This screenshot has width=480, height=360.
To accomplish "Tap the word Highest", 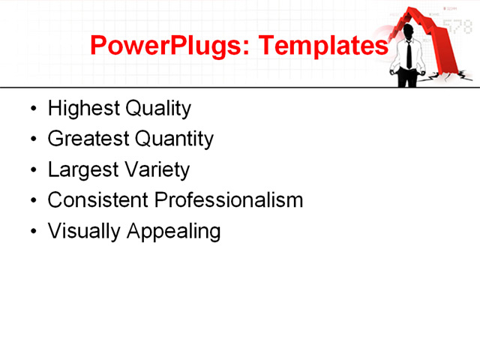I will (83, 109).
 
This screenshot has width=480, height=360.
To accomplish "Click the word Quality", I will (158, 109).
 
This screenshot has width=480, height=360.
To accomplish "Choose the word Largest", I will (81, 170).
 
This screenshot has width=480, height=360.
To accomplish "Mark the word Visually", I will (85, 231).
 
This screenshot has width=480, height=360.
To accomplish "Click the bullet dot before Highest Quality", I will (32, 109).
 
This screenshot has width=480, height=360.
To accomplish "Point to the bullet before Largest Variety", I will (32, 171).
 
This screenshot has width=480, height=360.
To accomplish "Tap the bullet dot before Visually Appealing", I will (32, 232).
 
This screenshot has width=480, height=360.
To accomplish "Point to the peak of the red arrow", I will (412, 10).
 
